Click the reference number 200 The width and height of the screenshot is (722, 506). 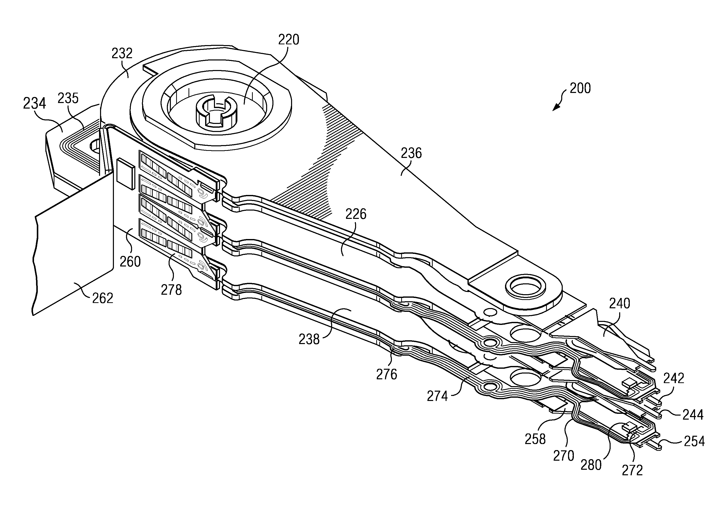(580, 88)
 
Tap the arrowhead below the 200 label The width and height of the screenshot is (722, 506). (556, 107)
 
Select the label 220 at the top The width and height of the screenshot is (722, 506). (289, 40)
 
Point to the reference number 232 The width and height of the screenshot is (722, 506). (122, 53)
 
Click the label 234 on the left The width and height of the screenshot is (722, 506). (35, 104)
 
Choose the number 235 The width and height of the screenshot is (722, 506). (68, 98)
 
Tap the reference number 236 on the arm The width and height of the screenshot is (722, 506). (411, 153)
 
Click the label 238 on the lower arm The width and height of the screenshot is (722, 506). (309, 340)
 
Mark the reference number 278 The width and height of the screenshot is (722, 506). (171, 290)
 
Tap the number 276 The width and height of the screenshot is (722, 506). (387, 374)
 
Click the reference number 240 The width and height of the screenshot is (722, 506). (619, 303)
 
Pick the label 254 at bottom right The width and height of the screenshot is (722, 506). (694, 441)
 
